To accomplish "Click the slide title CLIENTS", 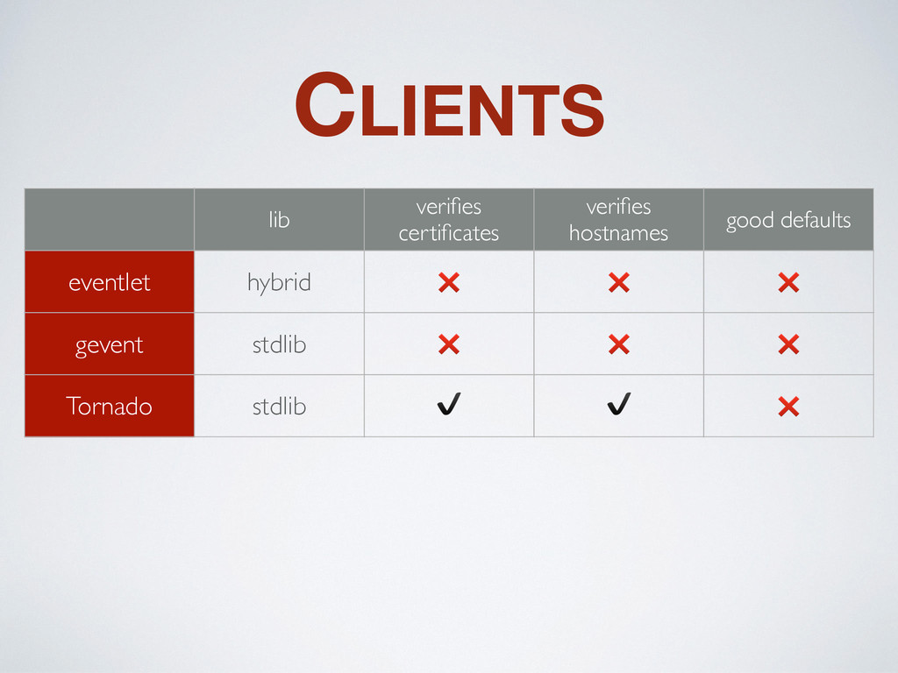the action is (x=450, y=105).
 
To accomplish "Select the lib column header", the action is (x=279, y=220).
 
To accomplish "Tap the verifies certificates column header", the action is (x=449, y=220).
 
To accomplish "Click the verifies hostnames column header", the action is (x=618, y=220).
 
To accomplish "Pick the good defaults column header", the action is (x=788, y=220).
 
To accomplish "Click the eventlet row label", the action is (x=110, y=282).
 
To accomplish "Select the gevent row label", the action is (x=110, y=345).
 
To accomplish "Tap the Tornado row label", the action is (x=110, y=407).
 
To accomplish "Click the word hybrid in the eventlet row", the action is (x=279, y=283).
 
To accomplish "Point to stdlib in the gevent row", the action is (x=279, y=344).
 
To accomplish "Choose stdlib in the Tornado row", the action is (x=279, y=407).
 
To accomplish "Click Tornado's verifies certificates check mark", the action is (x=449, y=404).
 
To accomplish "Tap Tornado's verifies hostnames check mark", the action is (x=618, y=404).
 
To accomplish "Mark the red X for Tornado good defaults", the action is (x=788, y=407).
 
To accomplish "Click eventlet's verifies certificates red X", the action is (x=449, y=282).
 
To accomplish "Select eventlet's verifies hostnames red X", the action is (x=618, y=282).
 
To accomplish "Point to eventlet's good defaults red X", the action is (x=788, y=282).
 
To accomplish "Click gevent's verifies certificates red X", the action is (x=449, y=344).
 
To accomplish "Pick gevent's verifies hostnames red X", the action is (x=618, y=344).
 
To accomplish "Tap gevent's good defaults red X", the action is (x=788, y=344).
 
